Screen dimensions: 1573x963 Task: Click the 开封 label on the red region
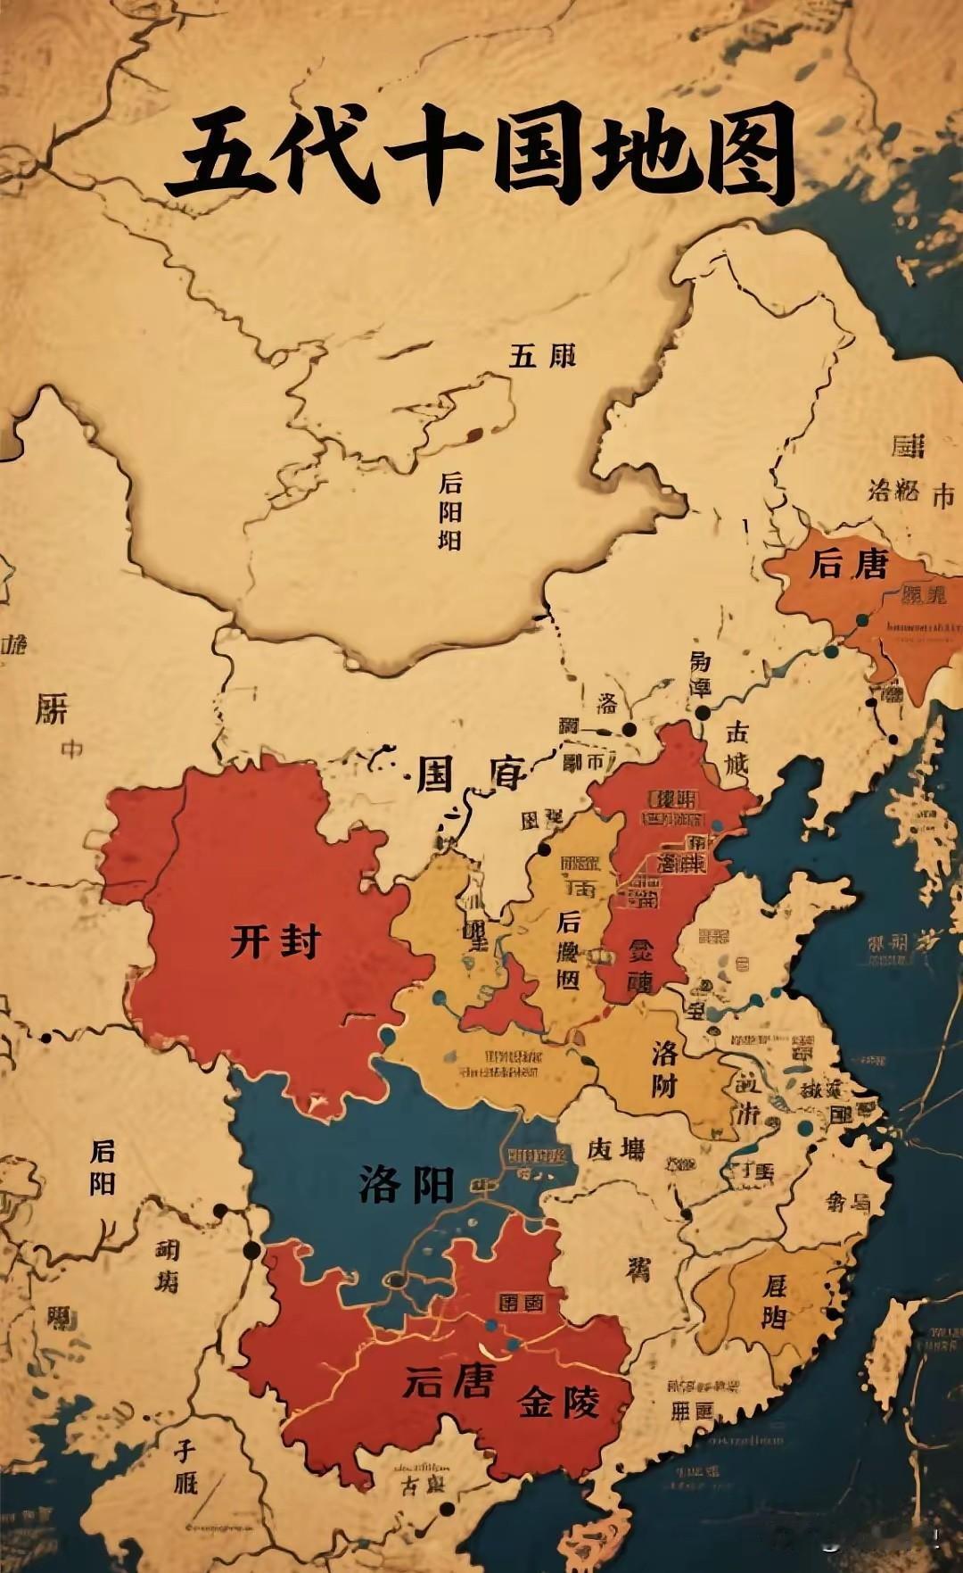[276, 941]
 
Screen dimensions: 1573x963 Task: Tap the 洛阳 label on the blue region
[407, 1184]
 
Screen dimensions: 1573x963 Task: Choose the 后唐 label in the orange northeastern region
[848, 564]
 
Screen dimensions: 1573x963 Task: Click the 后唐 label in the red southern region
[448, 1382]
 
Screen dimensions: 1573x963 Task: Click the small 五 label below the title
[523, 356]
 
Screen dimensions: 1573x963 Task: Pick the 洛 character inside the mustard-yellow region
[665, 1053]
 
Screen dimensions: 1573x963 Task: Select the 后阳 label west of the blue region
[103, 1167]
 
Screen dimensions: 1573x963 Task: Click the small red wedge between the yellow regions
[505, 1001]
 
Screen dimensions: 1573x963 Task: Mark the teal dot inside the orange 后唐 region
[861, 620]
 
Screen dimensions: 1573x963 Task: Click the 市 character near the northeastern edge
[942, 497]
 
